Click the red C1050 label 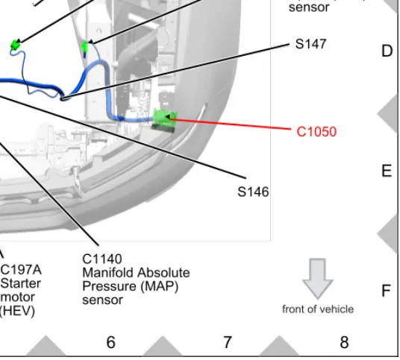click(x=316, y=132)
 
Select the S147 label click(x=310, y=44)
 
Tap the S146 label click(x=253, y=192)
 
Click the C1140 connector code click(x=102, y=259)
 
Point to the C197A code click(x=21, y=270)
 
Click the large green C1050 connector click(x=164, y=120)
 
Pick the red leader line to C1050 click(x=230, y=124)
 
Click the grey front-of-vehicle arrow click(x=318, y=279)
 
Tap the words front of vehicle click(x=318, y=309)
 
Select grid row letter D click(x=387, y=51)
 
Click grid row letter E click(x=387, y=171)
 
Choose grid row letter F click(x=387, y=291)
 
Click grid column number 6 click(x=110, y=342)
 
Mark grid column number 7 click(x=228, y=342)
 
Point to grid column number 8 click(x=344, y=342)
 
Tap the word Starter click(x=21, y=283)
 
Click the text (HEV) click(x=17, y=311)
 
